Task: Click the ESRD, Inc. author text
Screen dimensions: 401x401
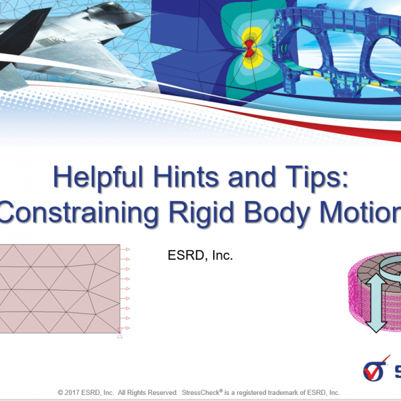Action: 200,255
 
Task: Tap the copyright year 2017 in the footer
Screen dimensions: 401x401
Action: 72,392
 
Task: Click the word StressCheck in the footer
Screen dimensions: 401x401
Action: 201,392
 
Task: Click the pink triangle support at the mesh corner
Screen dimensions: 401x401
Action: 120,333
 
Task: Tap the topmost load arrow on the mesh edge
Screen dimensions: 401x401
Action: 125,249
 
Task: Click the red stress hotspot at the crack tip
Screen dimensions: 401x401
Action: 249,48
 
